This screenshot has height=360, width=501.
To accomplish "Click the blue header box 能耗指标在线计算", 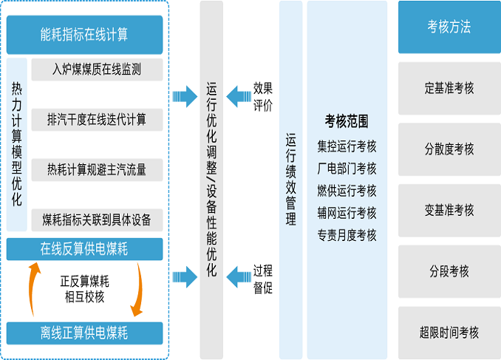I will [84, 34].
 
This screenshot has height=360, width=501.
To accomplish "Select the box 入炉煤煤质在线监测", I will [97, 70].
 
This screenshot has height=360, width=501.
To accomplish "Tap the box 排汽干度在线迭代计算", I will [97, 120].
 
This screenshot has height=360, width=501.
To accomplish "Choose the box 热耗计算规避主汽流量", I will [97, 169].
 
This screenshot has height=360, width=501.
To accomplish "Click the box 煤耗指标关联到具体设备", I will [97, 219].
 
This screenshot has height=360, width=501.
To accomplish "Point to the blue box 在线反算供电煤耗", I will [84, 249].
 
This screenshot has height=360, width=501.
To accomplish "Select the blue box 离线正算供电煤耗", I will [84, 333].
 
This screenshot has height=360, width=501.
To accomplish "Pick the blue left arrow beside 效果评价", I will [238, 96].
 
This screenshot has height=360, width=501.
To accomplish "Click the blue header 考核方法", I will [449, 27].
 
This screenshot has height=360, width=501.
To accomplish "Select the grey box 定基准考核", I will [449, 88].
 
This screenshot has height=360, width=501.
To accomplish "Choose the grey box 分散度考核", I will [449, 149].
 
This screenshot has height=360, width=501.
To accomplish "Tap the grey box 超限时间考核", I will [449, 332].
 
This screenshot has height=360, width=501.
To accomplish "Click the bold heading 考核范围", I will [347, 120].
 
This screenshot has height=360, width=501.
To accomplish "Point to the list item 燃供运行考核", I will [347, 191].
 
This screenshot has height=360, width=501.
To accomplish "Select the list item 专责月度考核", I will [347, 235].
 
